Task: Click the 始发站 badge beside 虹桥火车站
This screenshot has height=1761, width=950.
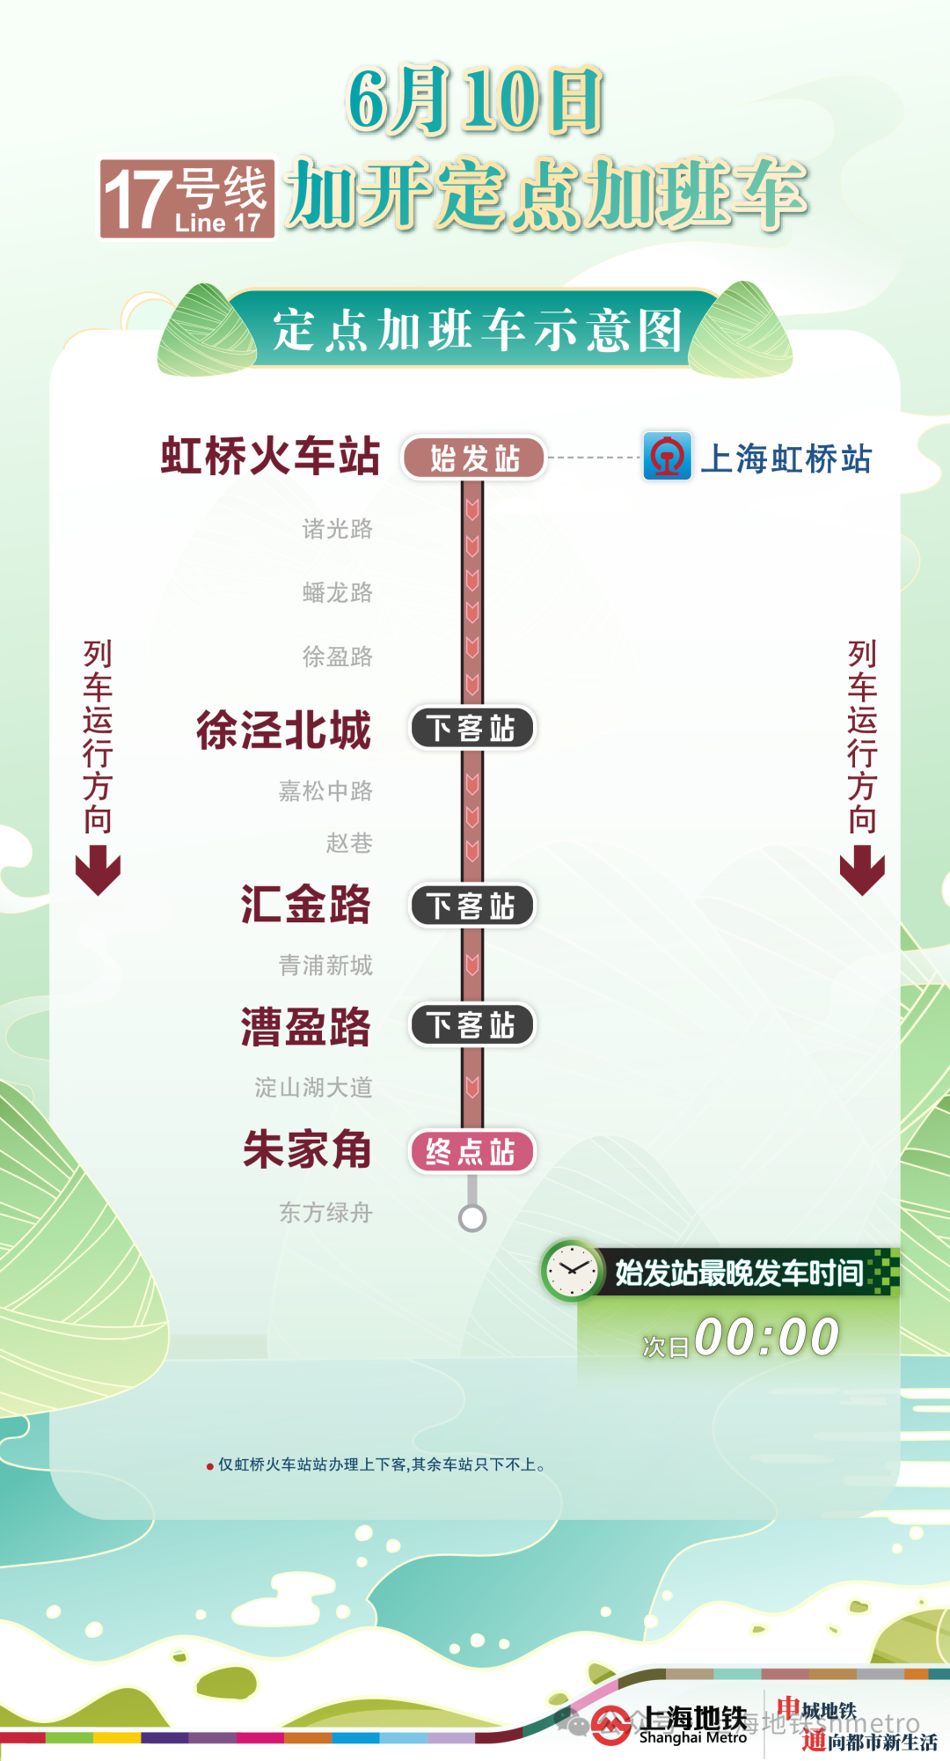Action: (474, 459)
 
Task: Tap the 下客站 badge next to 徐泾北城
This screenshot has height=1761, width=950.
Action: (472, 729)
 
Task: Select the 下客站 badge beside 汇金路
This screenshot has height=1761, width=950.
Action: (472, 906)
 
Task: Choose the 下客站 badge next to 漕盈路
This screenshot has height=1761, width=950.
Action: (472, 1025)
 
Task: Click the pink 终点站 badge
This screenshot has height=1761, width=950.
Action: (472, 1152)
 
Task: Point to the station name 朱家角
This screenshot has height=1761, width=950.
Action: (307, 1149)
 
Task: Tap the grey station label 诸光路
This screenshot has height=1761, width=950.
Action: (338, 529)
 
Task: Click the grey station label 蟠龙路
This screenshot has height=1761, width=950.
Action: (338, 592)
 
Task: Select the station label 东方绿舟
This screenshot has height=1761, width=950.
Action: (325, 1213)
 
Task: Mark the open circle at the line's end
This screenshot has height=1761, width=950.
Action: (472, 1218)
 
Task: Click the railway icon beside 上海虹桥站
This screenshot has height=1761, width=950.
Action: (667, 457)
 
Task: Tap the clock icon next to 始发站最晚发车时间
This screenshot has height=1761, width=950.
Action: (573, 1271)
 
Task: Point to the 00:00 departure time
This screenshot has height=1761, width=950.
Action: (766, 1338)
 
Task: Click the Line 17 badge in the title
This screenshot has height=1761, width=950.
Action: (186, 199)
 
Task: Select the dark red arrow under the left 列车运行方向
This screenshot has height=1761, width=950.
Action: (98, 869)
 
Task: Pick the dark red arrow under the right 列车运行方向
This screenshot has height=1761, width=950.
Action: (862, 869)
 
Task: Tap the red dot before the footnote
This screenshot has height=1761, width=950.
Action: (209, 1466)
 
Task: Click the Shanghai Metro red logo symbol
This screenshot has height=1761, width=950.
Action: (611, 1725)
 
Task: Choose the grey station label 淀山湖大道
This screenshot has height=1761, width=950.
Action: (314, 1088)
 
